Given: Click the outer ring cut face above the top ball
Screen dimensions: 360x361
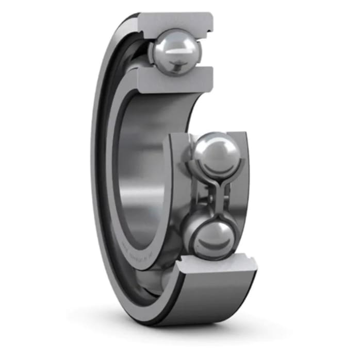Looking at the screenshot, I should pyautogui.click(x=175, y=21).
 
